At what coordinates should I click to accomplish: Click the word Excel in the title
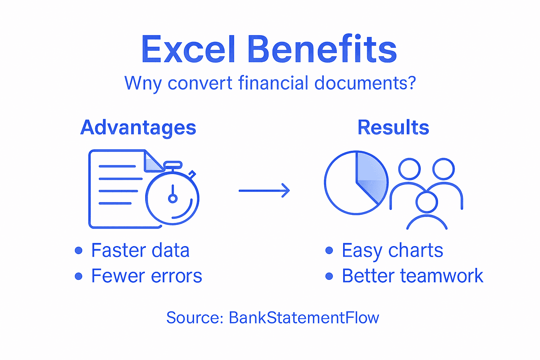tap(188, 50)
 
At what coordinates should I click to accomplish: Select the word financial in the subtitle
tap(273, 83)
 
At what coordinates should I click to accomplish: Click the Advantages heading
tap(138, 127)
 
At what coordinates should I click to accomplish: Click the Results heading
tap(393, 127)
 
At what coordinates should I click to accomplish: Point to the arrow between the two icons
tap(264, 191)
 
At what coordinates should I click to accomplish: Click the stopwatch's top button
tap(173, 165)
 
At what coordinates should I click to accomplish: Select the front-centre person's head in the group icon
tap(426, 202)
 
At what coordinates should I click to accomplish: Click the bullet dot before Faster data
tap(79, 250)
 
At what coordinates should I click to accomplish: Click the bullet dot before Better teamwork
tap(329, 276)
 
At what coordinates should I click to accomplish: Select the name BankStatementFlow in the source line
tap(304, 318)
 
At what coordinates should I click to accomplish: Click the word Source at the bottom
tap(194, 318)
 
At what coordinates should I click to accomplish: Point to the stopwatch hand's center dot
tap(173, 199)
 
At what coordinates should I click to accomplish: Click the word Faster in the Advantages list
tap(118, 250)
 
